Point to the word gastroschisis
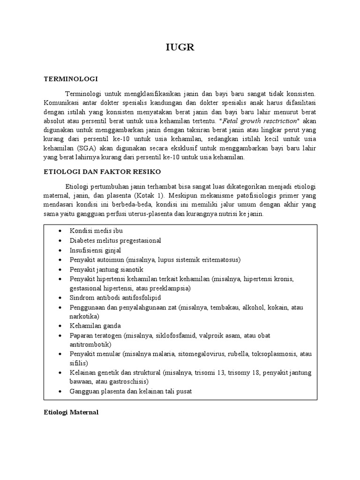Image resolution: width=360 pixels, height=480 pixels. (x=127, y=382)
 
